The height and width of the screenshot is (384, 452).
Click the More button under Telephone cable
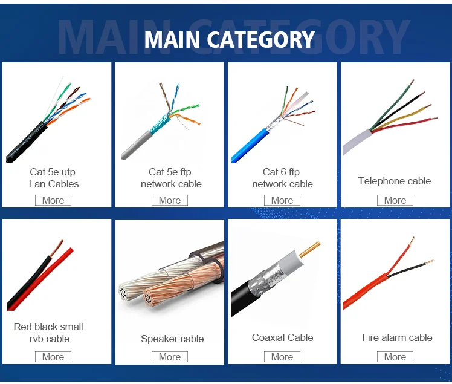pyautogui.click(x=395, y=200)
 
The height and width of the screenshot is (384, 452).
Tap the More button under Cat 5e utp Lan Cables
pyautogui.click(x=53, y=200)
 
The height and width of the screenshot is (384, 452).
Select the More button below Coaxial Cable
pyautogui.click(x=282, y=357)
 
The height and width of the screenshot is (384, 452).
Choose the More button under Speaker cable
pyautogui.click(x=170, y=357)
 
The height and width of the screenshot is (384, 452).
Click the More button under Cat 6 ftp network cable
pyautogui.click(x=282, y=200)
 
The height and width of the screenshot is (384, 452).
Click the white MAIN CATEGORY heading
pyautogui.click(x=230, y=40)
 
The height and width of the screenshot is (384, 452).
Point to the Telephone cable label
pyautogui.click(x=395, y=181)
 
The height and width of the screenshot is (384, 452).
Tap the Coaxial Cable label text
pyautogui.click(x=282, y=337)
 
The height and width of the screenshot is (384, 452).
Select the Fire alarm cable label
pyautogui.click(x=397, y=337)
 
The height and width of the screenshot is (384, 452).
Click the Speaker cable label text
pyautogui.click(x=172, y=339)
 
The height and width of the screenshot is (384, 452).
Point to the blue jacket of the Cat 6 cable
pyautogui.click(x=248, y=145)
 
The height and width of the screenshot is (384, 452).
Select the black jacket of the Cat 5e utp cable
pyautogui.click(x=24, y=144)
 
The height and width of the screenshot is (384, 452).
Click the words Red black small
pyautogui.click(x=48, y=327)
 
